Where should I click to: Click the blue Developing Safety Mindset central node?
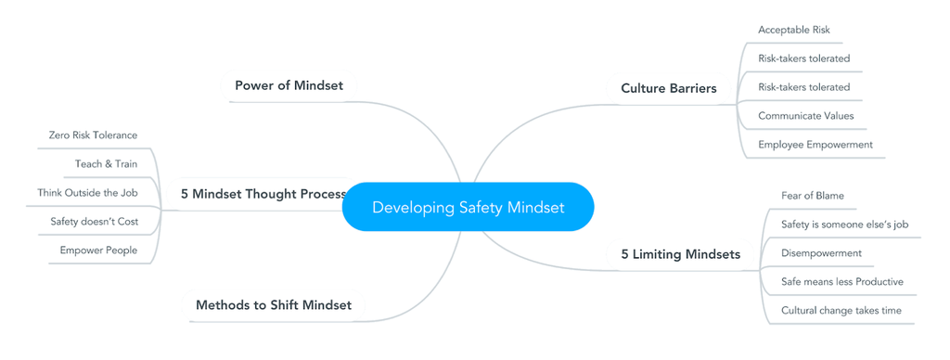tap(468, 207)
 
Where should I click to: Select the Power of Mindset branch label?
tap(289, 85)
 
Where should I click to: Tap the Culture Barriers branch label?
tap(668, 88)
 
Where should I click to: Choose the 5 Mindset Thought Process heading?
tap(263, 194)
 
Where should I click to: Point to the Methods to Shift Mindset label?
tap(274, 304)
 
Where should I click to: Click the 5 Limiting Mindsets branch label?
tap(680, 253)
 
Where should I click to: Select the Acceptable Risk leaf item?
tap(793, 30)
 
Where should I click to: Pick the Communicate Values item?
tap(805, 116)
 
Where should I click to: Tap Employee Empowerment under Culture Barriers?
tap(815, 145)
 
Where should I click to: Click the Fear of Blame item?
tap(813, 196)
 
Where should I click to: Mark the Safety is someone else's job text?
tap(844, 225)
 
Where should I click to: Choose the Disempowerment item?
tap(821, 253)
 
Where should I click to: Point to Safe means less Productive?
tap(841, 281)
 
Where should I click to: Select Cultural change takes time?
tap(841, 311)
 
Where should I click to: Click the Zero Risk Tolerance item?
tap(93, 135)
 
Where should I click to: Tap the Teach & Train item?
tap(106, 164)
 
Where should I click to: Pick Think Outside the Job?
tap(87, 193)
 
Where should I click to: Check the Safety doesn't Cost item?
tap(94, 222)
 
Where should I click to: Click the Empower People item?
tap(98, 251)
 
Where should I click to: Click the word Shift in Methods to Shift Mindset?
tap(284, 304)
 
